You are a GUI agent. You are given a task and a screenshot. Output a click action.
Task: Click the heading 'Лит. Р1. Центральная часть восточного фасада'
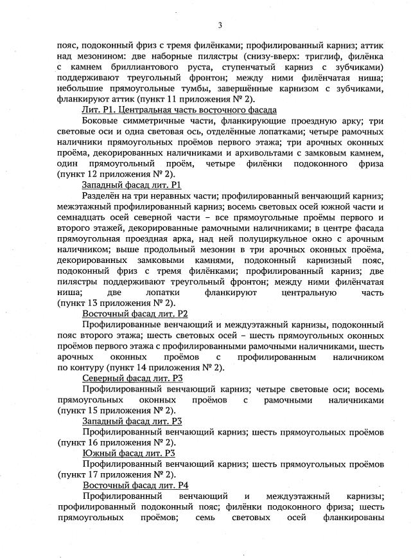(x=170, y=111)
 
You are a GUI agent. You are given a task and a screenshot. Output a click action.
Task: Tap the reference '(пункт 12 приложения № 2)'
(x=116, y=174)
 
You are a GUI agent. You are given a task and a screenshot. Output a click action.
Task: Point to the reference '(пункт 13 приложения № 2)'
(x=116, y=302)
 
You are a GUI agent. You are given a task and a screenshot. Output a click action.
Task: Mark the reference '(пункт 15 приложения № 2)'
(x=116, y=410)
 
